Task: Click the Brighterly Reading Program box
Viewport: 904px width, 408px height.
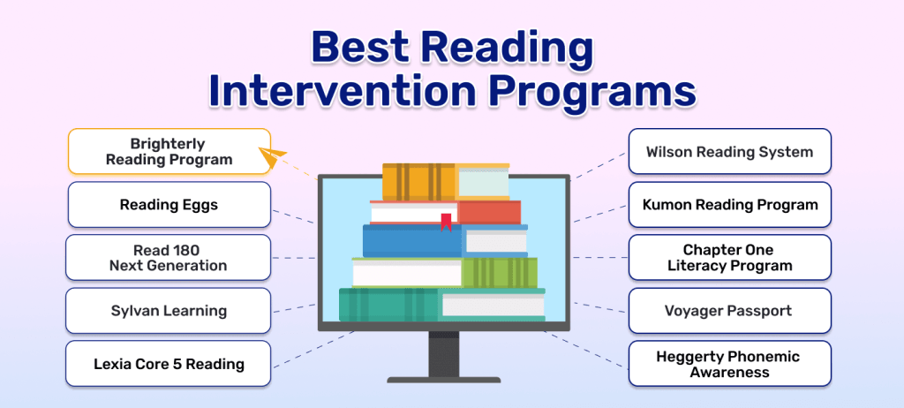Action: click(169, 151)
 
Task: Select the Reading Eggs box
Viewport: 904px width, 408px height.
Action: click(169, 205)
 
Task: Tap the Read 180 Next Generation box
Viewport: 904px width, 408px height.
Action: click(168, 258)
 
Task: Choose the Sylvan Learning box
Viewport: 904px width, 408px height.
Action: click(169, 311)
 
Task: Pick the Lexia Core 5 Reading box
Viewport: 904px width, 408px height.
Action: click(169, 364)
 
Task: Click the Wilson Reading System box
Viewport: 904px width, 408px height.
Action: click(729, 152)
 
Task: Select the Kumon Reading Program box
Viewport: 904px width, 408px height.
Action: click(729, 205)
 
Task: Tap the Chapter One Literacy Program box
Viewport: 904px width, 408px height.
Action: click(729, 258)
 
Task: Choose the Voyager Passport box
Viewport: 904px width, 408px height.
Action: click(729, 311)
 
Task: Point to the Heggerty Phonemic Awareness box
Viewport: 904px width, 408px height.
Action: click(729, 364)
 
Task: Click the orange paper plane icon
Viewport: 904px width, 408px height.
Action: click(275, 160)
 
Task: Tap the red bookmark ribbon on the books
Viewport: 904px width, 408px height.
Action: click(447, 221)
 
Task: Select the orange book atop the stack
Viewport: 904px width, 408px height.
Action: click(418, 181)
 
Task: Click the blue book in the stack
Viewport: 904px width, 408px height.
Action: click(411, 241)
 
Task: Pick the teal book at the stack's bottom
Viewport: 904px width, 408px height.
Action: click(388, 305)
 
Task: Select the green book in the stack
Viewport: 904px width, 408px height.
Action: click(499, 272)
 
